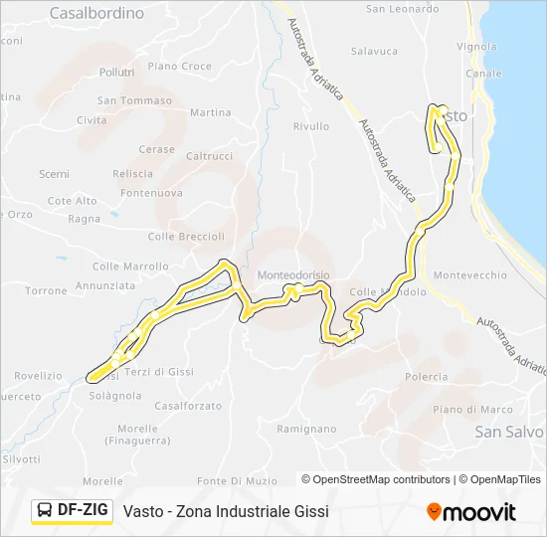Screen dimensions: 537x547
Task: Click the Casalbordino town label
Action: tap(95, 14)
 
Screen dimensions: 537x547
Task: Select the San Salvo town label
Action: tap(509, 432)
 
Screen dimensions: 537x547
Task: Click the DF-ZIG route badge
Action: tap(73, 510)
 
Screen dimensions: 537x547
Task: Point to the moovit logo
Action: tap(471, 512)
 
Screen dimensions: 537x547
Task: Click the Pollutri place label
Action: tap(116, 73)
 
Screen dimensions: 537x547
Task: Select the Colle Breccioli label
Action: tap(186, 237)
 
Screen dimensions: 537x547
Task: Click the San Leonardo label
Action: tap(402, 10)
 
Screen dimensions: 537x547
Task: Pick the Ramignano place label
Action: tap(308, 430)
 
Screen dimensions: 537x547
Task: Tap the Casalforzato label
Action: tap(188, 406)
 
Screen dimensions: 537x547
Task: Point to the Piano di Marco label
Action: tap(472, 410)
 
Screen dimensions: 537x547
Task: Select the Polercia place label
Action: tap(427, 377)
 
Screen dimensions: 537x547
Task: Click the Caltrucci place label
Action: tap(209, 156)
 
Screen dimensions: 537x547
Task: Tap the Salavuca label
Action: tap(374, 52)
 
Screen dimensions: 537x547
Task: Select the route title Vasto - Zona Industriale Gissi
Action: tap(226, 511)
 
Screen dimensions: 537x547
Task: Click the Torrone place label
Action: tap(46, 291)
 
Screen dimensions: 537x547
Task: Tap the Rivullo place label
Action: tap(310, 126)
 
